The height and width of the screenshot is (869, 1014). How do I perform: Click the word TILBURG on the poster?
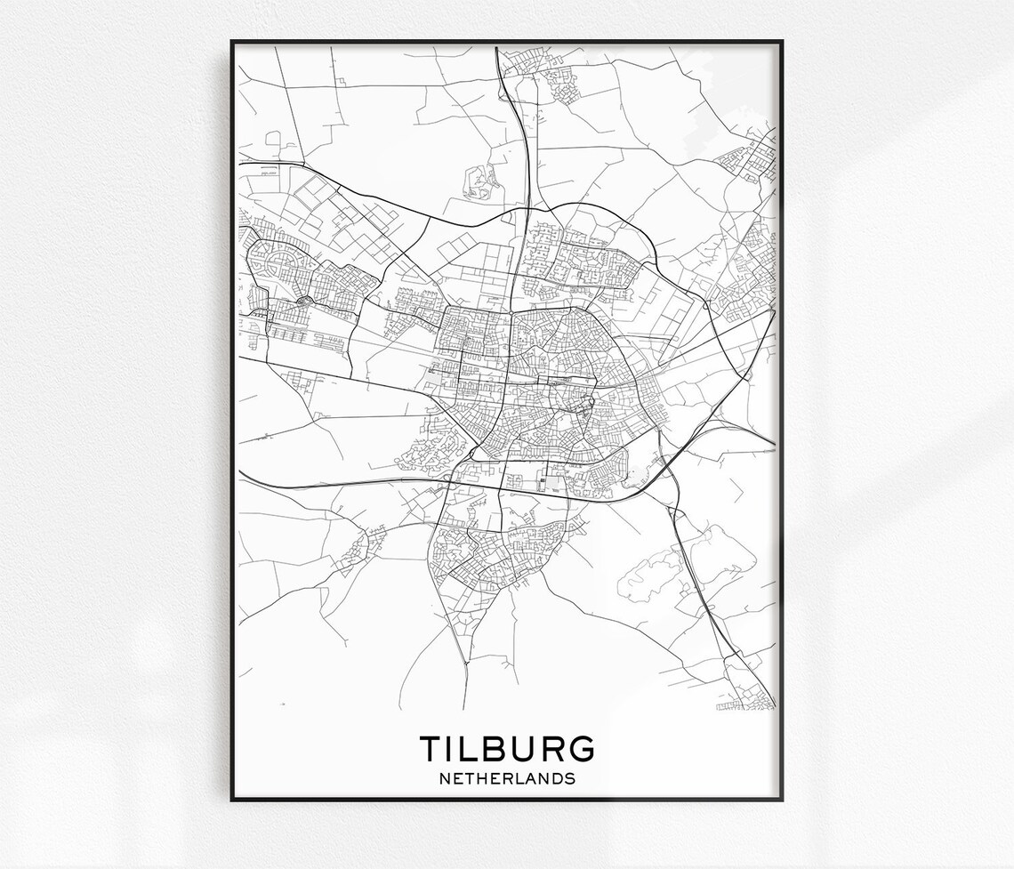tap(506, 749)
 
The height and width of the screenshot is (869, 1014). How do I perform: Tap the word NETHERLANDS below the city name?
tap(507, 779)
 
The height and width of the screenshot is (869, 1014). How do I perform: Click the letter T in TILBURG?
tap(431, 749)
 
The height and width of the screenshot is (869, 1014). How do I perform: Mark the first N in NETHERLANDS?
tap(444, 779)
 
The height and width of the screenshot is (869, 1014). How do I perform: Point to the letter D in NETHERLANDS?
tap(555, 779)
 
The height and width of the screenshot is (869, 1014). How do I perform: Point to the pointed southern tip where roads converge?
tap(465, 663)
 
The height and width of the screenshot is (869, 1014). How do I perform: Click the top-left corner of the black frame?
tap(232, 42)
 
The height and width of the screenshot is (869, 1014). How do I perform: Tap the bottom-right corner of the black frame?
tap(782, 800)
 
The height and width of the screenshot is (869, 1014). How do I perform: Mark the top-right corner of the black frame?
tap(782, 42)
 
